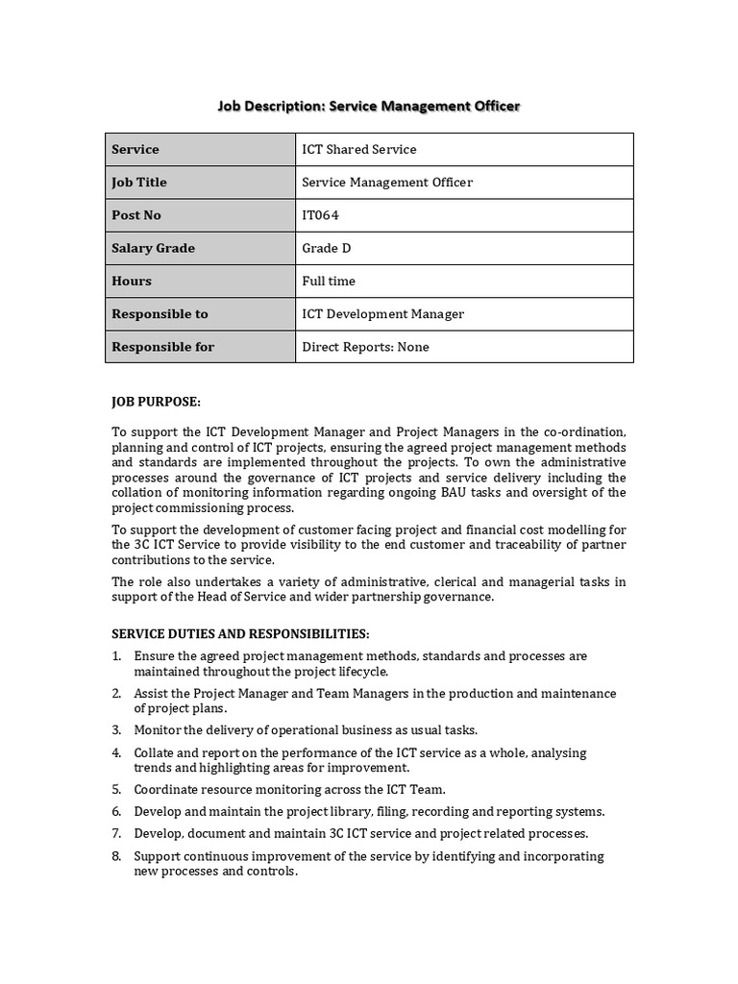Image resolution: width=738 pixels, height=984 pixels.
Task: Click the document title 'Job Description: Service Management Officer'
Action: point(368,105)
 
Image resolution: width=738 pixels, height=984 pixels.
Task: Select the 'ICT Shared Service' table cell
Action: point(359,149)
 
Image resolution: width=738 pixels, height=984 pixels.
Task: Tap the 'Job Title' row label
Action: point(139,182)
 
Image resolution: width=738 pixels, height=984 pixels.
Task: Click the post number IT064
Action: point(320,215)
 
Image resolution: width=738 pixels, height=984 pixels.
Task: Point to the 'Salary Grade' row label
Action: point(153,248)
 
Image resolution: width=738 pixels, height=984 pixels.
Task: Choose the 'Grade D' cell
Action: point(327,248)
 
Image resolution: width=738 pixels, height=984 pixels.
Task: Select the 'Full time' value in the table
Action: point(329,281)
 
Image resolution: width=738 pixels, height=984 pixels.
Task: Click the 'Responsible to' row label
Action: point(160,314)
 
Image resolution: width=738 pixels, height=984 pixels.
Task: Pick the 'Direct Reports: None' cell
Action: point(365,347)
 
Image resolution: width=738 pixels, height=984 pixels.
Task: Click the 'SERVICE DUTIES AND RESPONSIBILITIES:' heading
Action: point(240,634)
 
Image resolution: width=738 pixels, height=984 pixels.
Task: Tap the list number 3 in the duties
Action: point(116,730)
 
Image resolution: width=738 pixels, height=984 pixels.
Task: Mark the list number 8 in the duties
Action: point(116,856)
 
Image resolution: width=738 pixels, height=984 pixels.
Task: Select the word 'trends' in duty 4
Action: point(153,768)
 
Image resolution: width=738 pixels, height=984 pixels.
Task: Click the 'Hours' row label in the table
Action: point(132,281)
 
